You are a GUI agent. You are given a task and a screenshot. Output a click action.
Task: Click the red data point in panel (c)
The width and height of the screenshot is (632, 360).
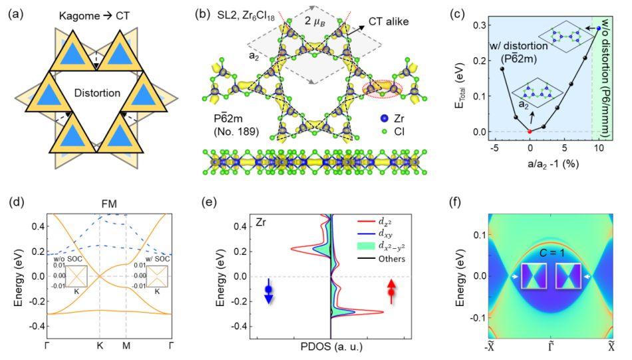[530, 131]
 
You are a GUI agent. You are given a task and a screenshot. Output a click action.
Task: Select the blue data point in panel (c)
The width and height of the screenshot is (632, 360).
[598, 28]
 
